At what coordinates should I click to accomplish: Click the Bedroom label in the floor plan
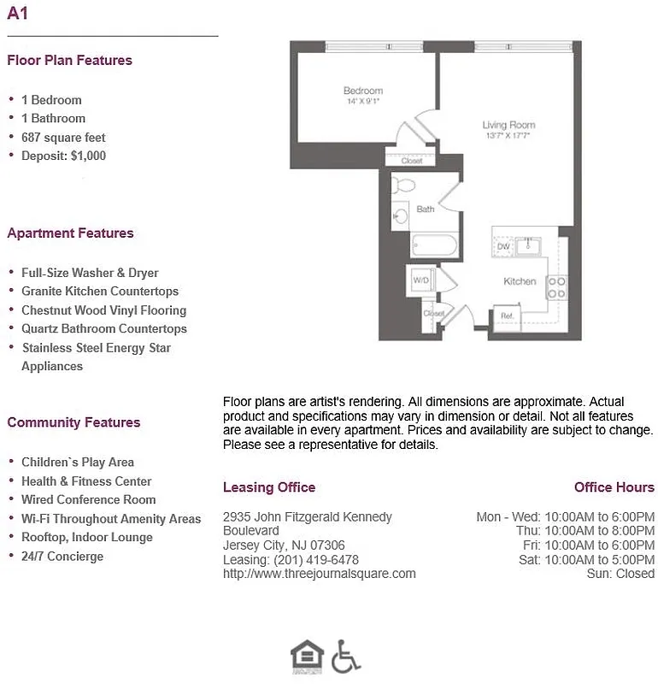(363, 91)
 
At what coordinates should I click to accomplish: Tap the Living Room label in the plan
(508, 126)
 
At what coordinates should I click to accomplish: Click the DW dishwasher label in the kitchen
(503, 247)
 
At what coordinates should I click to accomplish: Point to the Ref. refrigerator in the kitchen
(506, 316)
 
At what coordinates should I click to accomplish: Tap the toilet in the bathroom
(403, 185)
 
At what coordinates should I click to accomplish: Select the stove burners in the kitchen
(556, 287)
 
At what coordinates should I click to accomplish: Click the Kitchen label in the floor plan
(520, 281)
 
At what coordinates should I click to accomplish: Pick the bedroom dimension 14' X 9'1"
(363, 102)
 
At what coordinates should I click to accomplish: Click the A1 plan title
(17, 13)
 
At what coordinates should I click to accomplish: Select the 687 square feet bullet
(63, 137)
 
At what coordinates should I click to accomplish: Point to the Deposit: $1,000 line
(63, 156)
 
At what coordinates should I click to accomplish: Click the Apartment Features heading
(70, 233)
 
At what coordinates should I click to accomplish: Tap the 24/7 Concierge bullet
(62, 556)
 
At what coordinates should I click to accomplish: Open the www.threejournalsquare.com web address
(319, 574)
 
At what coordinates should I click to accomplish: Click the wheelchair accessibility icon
(345, 656)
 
